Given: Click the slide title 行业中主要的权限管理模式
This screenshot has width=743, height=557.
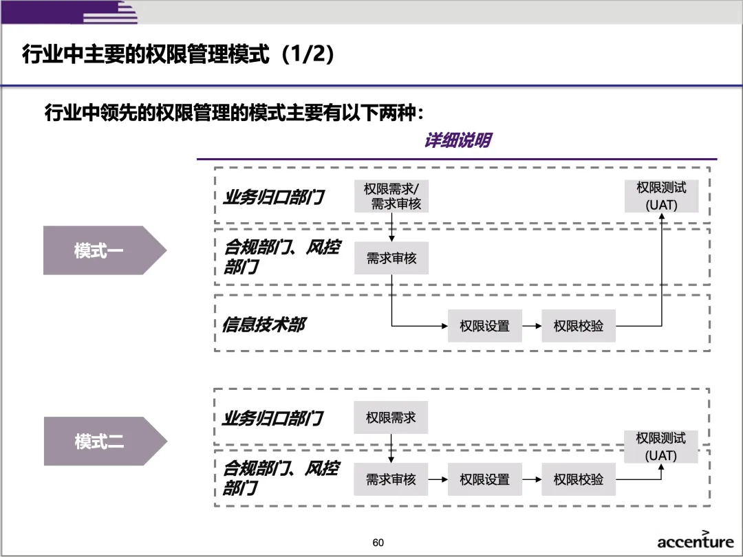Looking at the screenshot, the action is click(x=179, y=54).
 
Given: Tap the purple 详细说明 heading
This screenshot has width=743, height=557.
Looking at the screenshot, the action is click(x=457, y=141).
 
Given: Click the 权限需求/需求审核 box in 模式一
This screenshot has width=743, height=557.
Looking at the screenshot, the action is click(x=391, y=196).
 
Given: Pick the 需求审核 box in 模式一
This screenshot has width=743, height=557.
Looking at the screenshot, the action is click(x=391, y=259).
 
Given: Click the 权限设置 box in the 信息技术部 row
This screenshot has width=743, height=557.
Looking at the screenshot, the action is click(x=484, y=326).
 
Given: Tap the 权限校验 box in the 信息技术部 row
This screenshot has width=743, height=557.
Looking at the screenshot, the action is click(x=579, y=326).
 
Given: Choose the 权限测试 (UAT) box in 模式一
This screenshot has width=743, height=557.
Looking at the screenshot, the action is click(x=661, y=196).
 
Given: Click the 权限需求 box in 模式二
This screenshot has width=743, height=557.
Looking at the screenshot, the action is click(x=391, y=417).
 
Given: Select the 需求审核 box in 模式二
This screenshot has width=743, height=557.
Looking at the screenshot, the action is click(x=391, y=479).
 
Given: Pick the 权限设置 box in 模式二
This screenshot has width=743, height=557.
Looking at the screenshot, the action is click(x=484, y=479).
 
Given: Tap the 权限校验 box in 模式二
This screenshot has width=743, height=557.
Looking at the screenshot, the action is click(x=579, y=479).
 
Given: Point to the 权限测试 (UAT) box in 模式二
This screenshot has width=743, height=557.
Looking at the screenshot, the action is click(x=661, y=446).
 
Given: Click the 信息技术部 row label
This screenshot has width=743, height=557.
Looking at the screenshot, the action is click(x=263, y=325).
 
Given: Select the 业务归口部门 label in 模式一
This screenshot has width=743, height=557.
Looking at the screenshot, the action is click(x=273, y=197).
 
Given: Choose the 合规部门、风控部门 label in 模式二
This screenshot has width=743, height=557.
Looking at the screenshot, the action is click(x=281, y=478).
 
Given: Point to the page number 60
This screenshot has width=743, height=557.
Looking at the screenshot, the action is click(x=378, y=543).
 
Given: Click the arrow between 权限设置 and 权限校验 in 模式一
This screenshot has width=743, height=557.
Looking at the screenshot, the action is click(x=532, y=326).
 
